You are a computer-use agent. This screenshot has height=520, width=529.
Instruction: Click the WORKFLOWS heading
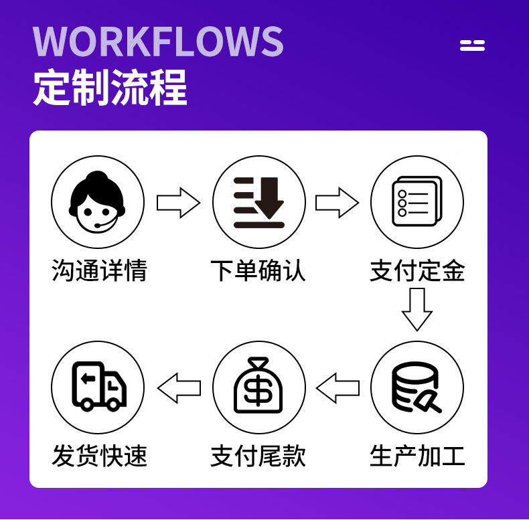pos(158,41)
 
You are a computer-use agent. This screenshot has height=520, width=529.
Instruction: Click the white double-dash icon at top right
pos(472,46)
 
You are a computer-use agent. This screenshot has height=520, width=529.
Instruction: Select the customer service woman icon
pos(98,201)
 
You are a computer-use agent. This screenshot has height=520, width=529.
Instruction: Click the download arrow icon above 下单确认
pos(258,201)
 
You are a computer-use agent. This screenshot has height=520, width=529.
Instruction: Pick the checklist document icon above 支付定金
pos(417,201)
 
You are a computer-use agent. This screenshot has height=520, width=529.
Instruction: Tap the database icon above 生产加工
pos(417,388)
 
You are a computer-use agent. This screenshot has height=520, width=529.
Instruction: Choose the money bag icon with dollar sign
pos(258,388)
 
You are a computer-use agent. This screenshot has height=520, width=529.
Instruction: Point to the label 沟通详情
pos(98,271)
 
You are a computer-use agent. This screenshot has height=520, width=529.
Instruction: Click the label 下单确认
pos(258,271)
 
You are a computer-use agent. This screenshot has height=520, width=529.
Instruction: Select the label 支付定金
pos(417,271)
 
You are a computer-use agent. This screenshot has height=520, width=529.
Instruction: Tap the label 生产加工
pos(417,456)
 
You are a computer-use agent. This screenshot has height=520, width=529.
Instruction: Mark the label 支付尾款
pos(258,456)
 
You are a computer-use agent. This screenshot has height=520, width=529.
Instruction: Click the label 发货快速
pos(98,456)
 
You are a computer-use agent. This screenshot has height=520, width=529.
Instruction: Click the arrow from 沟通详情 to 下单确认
pos(178,203)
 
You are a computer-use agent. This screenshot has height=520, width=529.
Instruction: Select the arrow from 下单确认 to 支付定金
pos(337,203)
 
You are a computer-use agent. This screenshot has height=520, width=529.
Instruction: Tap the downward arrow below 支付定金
pos(417,309)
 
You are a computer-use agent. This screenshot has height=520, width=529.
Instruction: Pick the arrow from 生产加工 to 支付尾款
pos(337,388)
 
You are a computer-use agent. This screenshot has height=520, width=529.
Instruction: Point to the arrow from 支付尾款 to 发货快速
pos(179,388)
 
